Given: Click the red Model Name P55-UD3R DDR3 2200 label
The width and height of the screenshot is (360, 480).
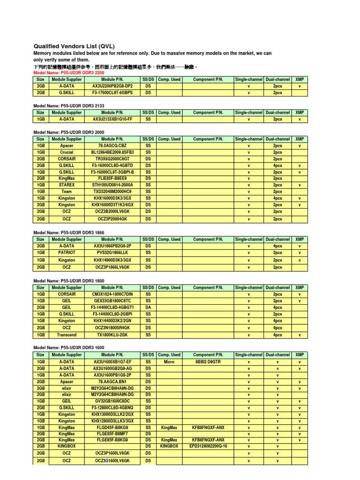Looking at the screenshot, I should coord(68,73).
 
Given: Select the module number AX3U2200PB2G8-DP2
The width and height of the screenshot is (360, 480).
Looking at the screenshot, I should coord(112,86).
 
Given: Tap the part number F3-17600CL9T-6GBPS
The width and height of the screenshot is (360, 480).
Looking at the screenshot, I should coord(112,93).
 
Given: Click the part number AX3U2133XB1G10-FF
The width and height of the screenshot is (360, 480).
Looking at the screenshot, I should coord(112,119).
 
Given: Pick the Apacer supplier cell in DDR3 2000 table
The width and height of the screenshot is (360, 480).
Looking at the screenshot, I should coord(67,146).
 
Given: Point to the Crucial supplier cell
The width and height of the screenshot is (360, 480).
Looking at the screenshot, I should coord(67,152).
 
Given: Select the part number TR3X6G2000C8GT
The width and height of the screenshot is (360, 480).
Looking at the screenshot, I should coord(112,159).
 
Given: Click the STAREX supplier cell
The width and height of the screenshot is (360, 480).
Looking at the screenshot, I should coord(67,185).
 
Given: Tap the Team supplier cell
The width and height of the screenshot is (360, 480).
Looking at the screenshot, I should coord(67,191).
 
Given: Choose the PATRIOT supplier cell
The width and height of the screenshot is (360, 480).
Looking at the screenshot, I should coord(67,252).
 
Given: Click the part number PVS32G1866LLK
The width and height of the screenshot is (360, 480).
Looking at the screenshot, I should coord(112,252).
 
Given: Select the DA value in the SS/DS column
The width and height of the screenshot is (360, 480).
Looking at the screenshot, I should coord(148,307).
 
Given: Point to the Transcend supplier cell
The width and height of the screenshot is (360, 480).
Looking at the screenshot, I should coord(67,335).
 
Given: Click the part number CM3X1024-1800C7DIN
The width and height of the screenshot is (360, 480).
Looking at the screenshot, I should coord(112,294).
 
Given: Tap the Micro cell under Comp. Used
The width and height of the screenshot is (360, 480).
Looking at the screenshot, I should coord(169,362).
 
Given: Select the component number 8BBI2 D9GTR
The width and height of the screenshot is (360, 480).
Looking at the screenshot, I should coord(208,362).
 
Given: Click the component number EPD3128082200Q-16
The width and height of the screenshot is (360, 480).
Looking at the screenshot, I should coord(208,446).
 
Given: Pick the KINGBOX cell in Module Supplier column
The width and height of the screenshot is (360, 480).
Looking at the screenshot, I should coord(67,446).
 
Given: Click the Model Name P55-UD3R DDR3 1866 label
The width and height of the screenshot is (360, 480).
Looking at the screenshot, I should coord(68,232).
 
